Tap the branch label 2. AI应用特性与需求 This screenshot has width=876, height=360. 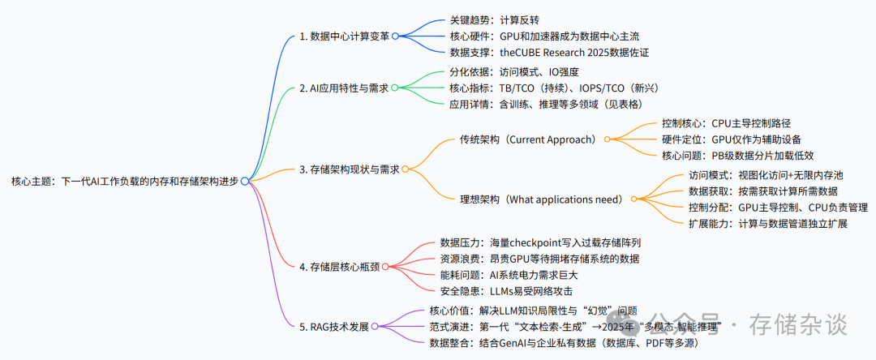(x=344, y=88)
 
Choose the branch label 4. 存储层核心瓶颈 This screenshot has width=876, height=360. (x=339, y=266)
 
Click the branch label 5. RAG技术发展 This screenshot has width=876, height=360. (x=333, y=327)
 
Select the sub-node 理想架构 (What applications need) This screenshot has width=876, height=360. (x=529, y=199)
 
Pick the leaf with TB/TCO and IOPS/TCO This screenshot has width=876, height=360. (x=558, y=88)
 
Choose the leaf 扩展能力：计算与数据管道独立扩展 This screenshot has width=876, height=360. (x=767, y=223)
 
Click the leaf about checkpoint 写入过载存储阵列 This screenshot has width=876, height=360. (x=540, y=242)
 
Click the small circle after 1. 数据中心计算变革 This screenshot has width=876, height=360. (x=395, y=36)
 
